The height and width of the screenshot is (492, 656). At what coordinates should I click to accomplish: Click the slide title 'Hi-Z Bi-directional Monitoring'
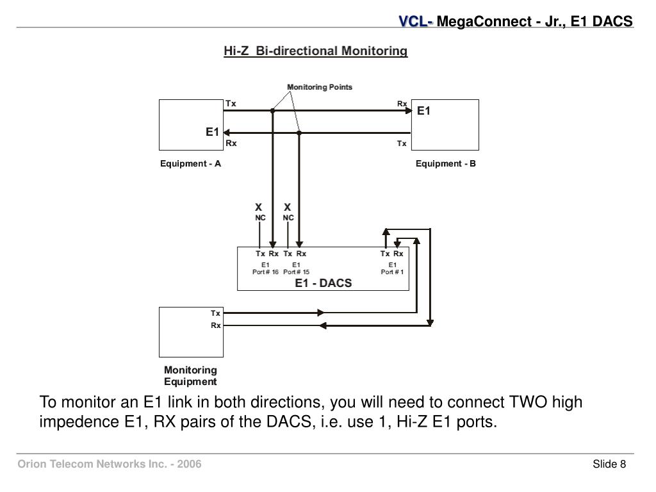coord(315,51)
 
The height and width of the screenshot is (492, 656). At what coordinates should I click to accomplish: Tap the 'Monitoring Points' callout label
coord(319,87)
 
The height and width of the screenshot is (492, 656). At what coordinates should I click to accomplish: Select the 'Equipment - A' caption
coord(190,163)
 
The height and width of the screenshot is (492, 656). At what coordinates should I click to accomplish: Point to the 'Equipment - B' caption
coord(446,163)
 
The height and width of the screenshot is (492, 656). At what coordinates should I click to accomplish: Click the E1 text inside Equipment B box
coord(424,111)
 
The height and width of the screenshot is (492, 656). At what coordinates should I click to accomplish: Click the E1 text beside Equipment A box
coord(212,132)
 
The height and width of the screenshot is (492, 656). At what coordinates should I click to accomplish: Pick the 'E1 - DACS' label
coord(323,283)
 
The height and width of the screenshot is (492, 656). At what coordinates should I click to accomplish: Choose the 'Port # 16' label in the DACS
coord(265,272)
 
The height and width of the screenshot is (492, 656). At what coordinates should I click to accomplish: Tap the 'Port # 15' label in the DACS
coord(296,272)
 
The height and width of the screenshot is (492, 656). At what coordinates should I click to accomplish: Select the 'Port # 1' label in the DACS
coord(392,272)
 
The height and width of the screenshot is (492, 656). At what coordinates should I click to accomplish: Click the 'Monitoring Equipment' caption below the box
coord(190,376)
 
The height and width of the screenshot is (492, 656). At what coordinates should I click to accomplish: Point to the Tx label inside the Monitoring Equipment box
coord(216,313)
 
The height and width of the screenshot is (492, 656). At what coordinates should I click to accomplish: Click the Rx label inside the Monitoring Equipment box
coord(216,325)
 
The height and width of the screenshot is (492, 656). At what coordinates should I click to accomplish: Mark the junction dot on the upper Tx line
coord(272,111)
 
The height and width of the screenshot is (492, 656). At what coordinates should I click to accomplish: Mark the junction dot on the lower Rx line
coord(299,133)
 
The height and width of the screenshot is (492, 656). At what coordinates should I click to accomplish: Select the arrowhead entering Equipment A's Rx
coord(227,133)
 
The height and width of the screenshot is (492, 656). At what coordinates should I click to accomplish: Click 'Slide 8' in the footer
coord(609,464)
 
